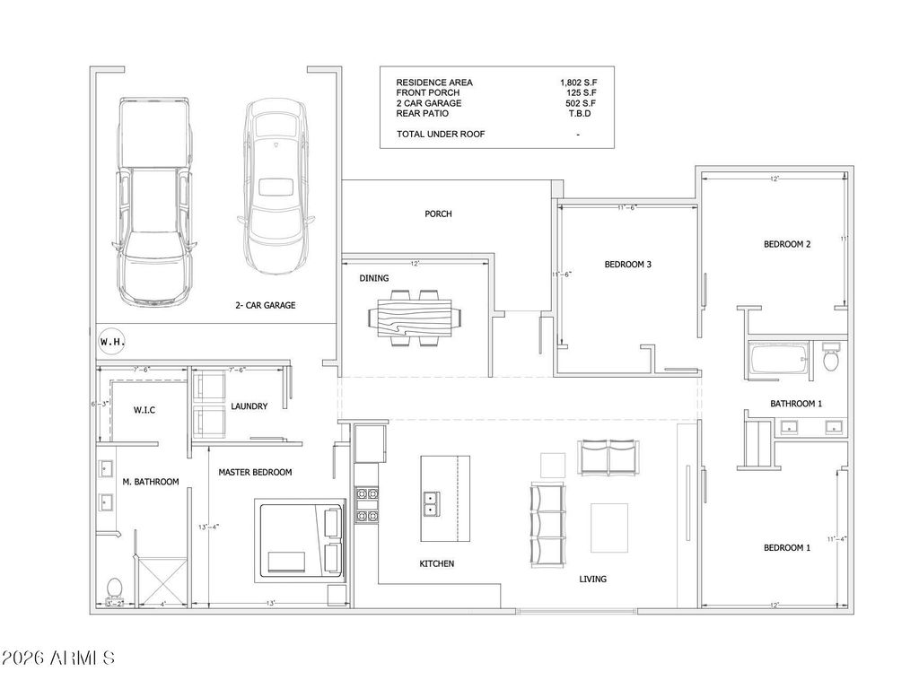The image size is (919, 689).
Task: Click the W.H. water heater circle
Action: [111, 343]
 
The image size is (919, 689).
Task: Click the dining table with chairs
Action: [416, 318]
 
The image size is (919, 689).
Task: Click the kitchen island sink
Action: [431, 504]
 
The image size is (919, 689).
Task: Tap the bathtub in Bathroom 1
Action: [778, 362]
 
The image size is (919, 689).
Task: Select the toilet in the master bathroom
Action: [114, 589]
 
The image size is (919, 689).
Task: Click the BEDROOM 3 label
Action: [627, 265]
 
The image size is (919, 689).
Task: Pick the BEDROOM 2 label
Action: [787, 244]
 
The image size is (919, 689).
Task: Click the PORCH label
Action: [438, 214]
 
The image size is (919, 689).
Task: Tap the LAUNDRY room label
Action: [249, 406]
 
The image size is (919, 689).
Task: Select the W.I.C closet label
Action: [144, 410]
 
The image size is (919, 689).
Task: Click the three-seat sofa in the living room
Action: [548, 523]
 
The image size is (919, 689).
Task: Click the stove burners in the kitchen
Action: [366, 504]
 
